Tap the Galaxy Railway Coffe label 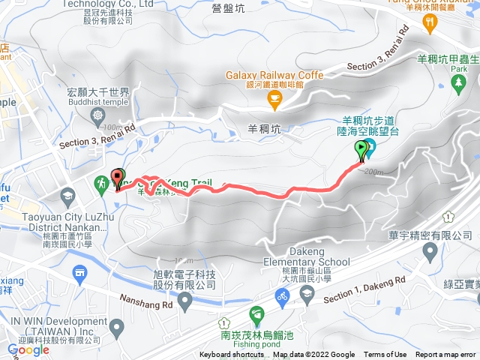[x=275, y=75]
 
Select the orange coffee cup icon [x=275, y=97]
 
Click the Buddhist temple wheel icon [x=98, y=115]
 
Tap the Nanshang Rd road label [x=146, y=300]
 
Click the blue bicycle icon [x=282, y=298]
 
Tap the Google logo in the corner [x=28, y=349]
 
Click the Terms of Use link [x=385, y=355]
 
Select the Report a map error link [x=445, y=355]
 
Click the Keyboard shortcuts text [x=232, y=355]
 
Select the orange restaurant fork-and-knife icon [x=430, y=22]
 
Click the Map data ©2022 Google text [x=314, y=355]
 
